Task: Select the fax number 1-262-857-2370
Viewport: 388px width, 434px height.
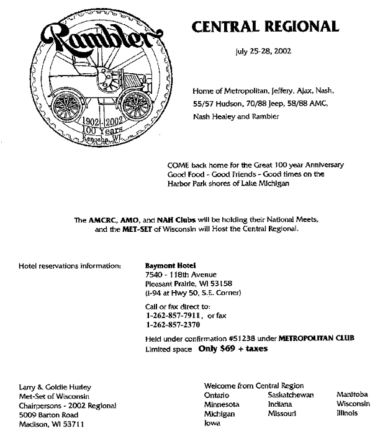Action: (173, 324)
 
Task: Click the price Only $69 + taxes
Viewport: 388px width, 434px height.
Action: (233, 348)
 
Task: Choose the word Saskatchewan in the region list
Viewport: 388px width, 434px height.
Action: (291, 395)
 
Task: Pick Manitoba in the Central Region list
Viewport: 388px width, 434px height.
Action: (352, 394)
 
